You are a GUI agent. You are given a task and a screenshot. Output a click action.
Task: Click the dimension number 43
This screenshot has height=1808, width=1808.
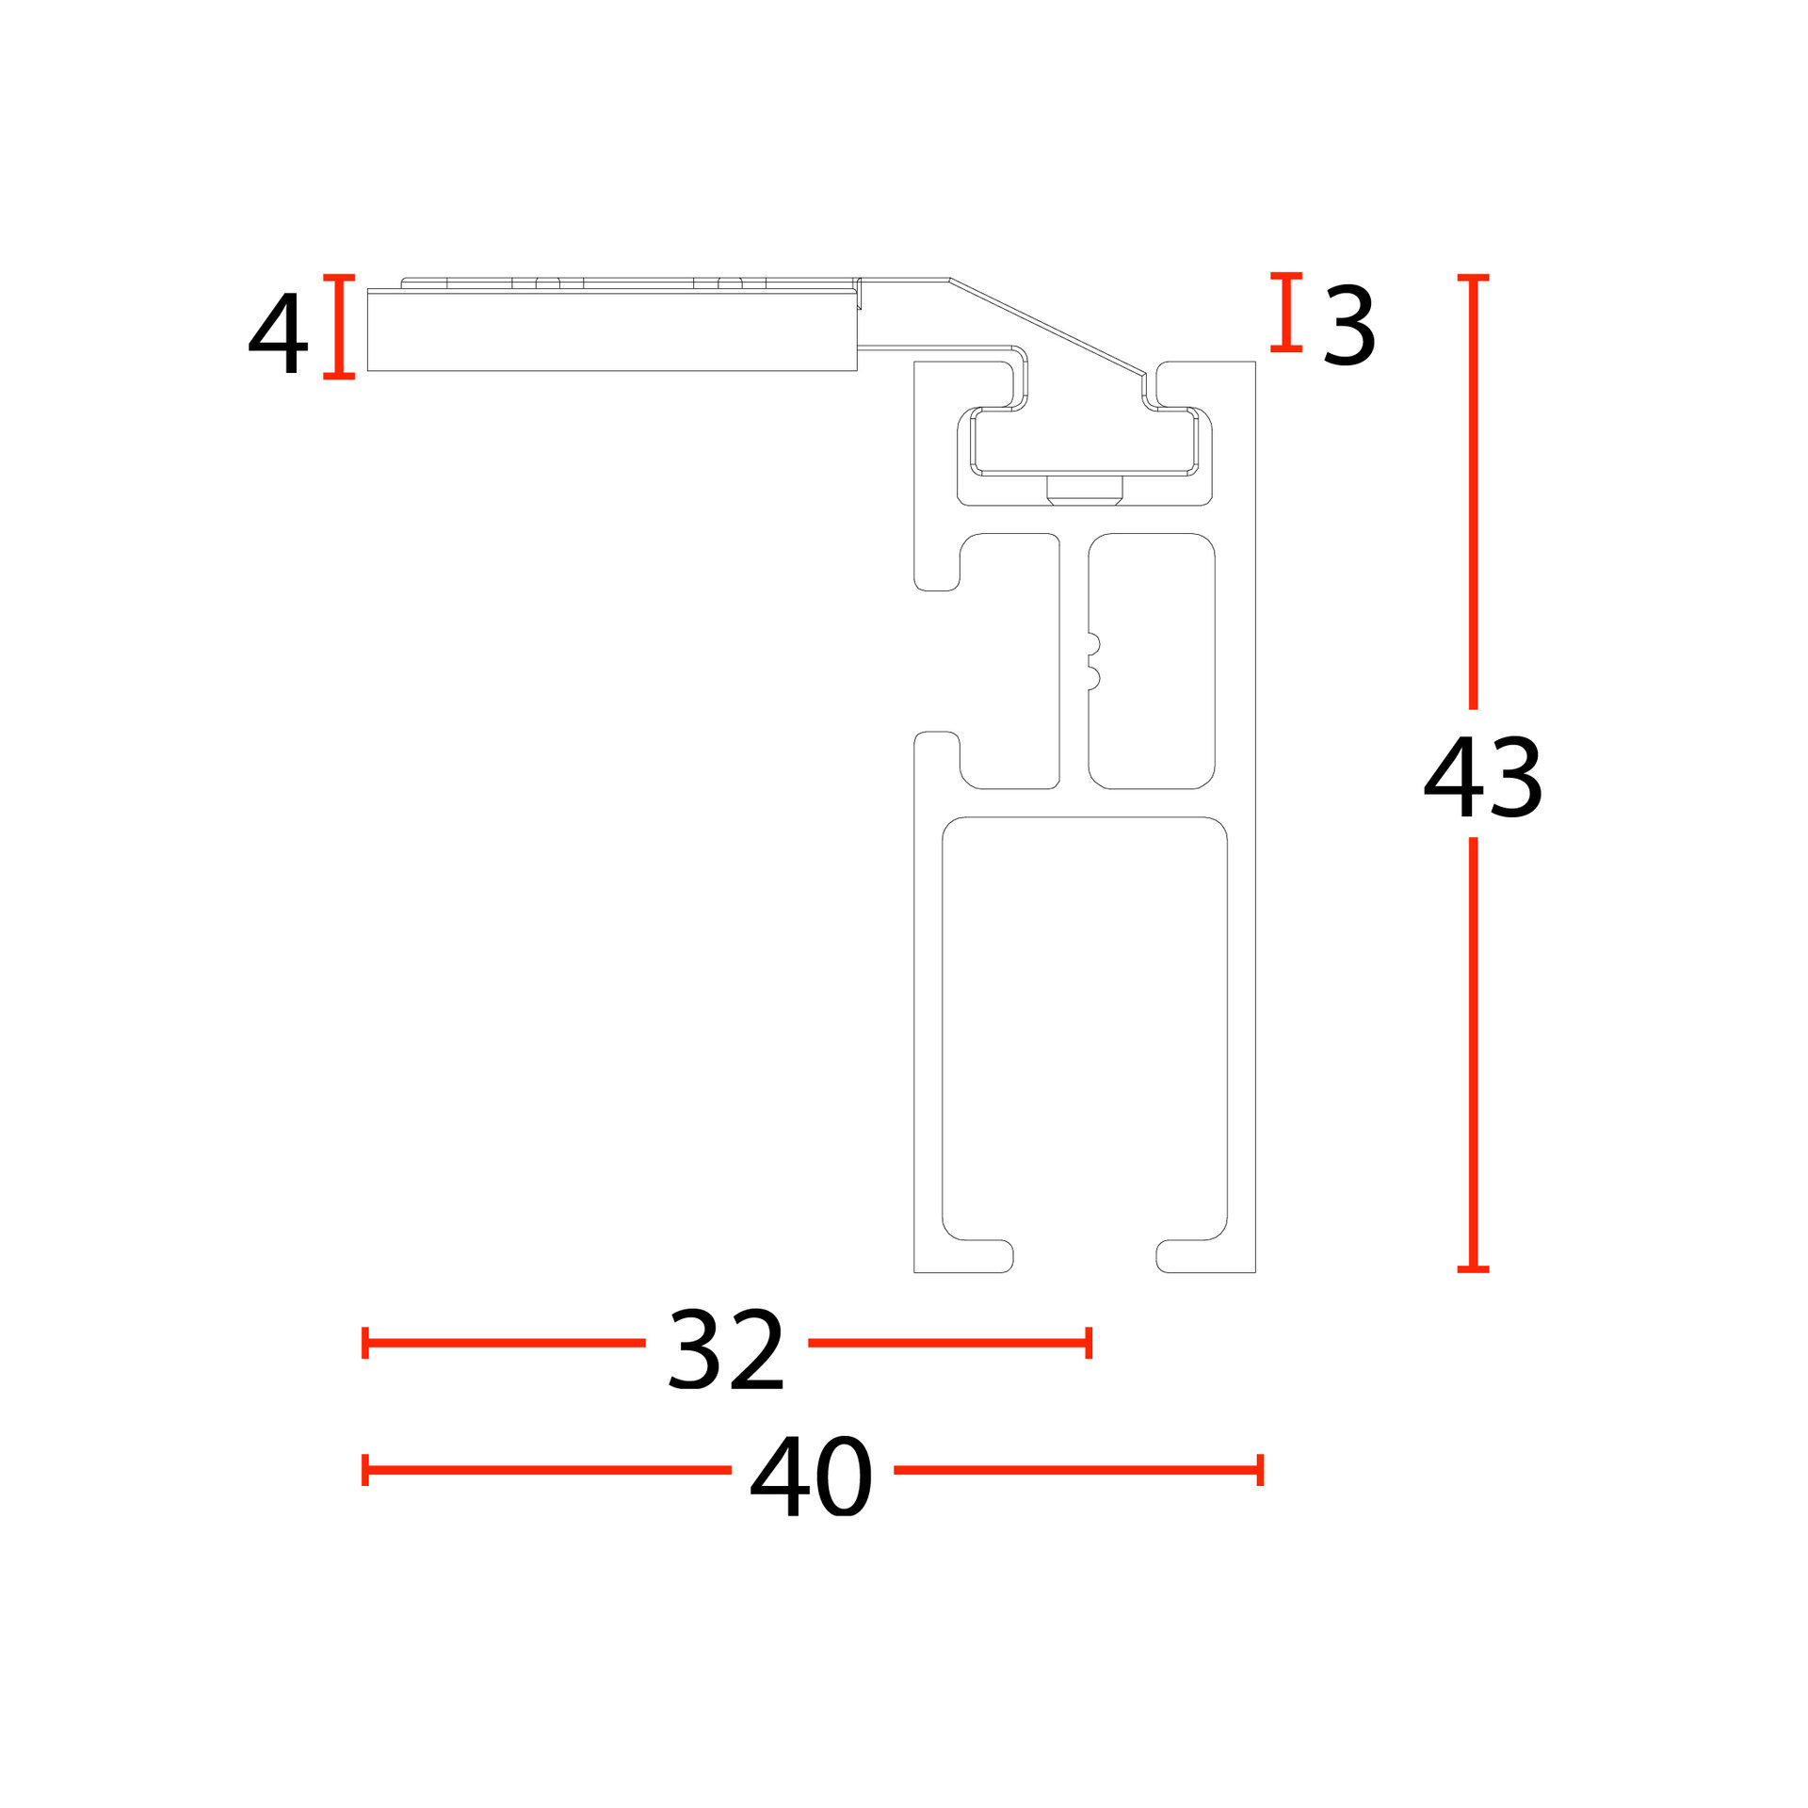click(x=1483, y=778)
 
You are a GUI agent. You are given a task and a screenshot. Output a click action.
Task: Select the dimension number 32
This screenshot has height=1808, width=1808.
click(x=725, y=1349)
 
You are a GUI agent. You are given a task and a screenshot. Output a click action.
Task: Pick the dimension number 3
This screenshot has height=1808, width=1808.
click(x=1348, y=326)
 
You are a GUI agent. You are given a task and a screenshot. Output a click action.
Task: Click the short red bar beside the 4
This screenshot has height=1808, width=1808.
click(x=339, y=327)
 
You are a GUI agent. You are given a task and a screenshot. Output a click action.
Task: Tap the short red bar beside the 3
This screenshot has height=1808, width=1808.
click(x=1286, y=313)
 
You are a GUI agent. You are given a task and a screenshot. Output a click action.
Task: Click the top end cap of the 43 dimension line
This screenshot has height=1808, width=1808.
click(x=1473, y=278)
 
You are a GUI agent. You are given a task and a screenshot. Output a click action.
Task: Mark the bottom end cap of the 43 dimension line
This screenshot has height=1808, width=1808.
click(x=1473, y=1269)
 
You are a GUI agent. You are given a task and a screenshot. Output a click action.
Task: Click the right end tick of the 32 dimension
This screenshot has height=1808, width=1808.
click(x=1089, y=1343)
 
